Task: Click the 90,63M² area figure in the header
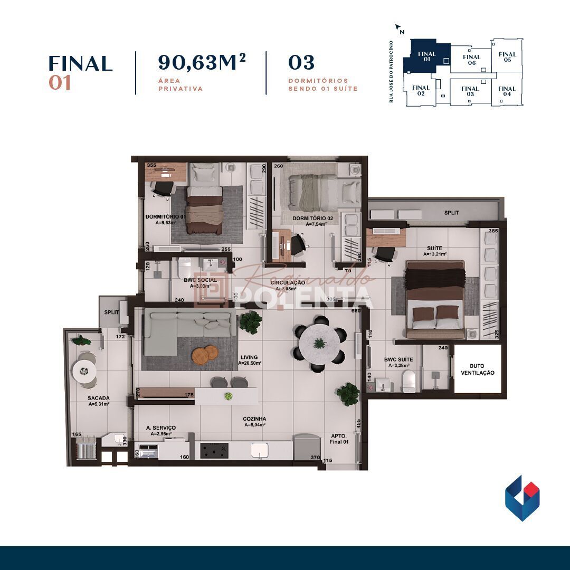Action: pyautogui.click(x=202, y=63)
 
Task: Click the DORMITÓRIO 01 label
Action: pyautogui.click(x=166, y=217)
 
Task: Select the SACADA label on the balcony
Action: pyautogui.click(x=99, y=398)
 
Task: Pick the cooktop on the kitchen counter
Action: pyautogui.click(x=214, y=450)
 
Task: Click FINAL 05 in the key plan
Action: pyautogui.click(x=507, y=56)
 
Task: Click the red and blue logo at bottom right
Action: pyautogui.click(x=522, y=498)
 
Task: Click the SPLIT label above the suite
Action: pyautogui.click(x=451, y=213)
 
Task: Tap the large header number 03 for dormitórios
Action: pyautogui.click(x=301, y=63)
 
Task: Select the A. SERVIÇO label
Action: pyautogui.click(x=161, y=427)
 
